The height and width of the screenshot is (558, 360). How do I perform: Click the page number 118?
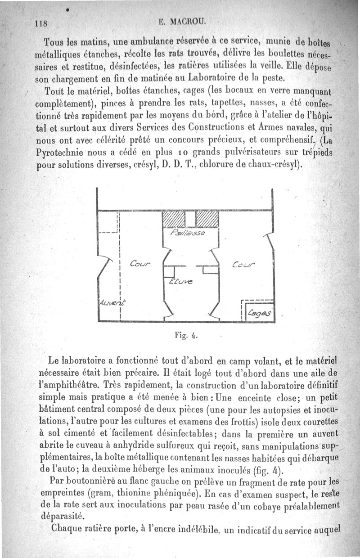click(x=42, y=23)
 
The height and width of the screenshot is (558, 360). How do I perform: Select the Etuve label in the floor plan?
click(x=180, y=282)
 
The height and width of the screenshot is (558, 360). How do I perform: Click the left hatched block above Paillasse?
click(x=173, y=219)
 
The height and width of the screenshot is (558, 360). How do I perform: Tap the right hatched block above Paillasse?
click(x=207, y=219)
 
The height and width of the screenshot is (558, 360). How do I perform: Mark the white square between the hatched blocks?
click(x=190, y=219)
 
